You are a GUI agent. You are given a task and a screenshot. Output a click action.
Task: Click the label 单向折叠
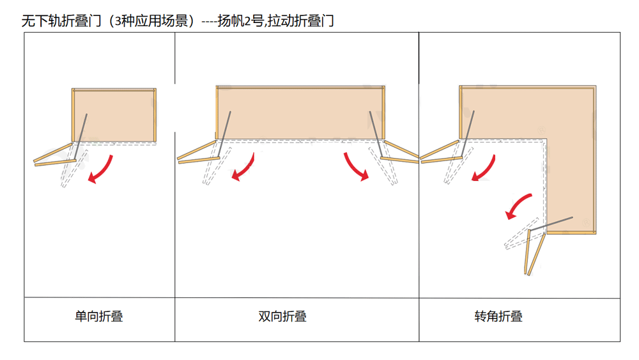tap(98, 316)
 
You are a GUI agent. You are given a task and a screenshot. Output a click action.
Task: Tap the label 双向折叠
tap(282, 316)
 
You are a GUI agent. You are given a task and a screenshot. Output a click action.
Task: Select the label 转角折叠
tap(498, 316)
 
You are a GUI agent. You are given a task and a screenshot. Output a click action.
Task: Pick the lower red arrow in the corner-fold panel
tap(518, 206)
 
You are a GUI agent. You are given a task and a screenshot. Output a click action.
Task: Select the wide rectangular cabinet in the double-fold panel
tap(300, 112)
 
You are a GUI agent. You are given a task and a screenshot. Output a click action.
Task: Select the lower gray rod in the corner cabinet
tap(551, 224)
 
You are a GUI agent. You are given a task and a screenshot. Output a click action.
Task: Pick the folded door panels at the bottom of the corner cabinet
tap(535, 253)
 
